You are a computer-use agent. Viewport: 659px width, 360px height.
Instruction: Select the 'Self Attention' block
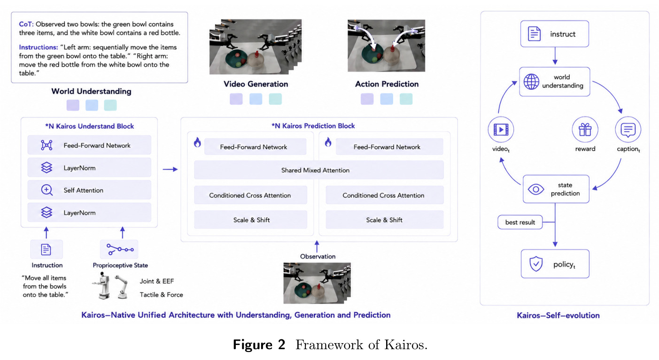point(89,190)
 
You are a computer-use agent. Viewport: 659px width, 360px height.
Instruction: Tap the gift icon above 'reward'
point(585,130)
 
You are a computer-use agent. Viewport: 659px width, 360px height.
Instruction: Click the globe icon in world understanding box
point(531,81)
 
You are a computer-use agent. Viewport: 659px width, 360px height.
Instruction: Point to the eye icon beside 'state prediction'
point(536,189)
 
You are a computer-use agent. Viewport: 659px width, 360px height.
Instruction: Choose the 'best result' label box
point(520,222)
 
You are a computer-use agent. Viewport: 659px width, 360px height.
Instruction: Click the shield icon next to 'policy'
point(536,264)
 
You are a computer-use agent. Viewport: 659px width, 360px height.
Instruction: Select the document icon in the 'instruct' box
point(534,33)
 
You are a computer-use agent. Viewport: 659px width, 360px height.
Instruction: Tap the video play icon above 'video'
point(501,130)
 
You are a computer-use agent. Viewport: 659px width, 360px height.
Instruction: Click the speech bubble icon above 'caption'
point(628,130)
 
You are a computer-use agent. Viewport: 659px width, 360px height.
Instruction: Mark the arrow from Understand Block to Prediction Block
point(170,169)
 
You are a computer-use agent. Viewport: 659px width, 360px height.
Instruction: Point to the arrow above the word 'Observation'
point(317,246)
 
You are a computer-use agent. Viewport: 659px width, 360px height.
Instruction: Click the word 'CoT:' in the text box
point(26,24)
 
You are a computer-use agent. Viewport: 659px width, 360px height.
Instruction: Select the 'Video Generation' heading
point(256,84)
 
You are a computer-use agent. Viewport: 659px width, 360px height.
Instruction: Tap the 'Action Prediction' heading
point(387,84)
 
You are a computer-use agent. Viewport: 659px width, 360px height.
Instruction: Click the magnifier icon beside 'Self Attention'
point(47,190)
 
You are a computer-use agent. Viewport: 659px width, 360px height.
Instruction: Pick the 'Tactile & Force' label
point(161,295)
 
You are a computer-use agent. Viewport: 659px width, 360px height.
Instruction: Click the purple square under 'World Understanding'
point(73,105)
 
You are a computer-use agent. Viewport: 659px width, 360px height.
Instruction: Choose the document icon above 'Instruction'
point(46,250)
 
